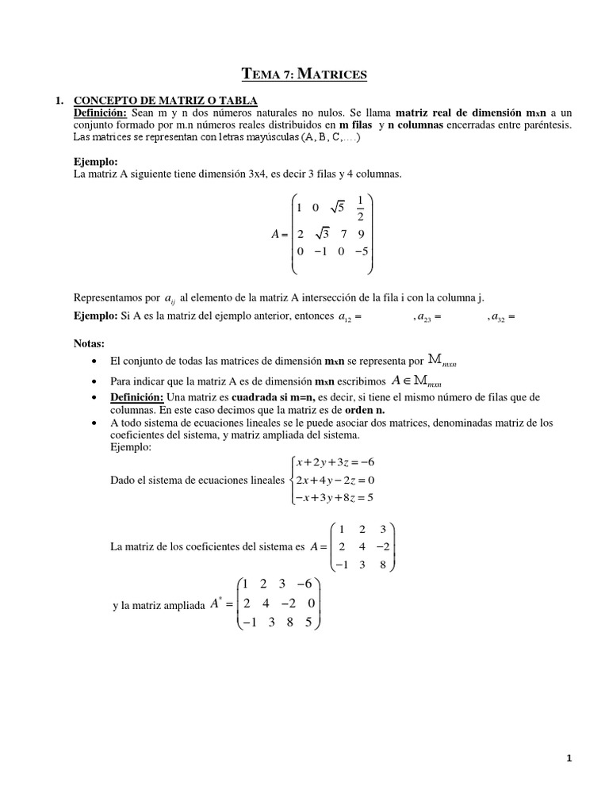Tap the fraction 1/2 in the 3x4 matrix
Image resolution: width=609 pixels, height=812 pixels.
pyautogui.click(x=362, y=208)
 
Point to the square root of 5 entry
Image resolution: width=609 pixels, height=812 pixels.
pyautogui.click(x=338, y=209)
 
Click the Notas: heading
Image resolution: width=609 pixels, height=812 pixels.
pyautogui.click(x=89, y=344)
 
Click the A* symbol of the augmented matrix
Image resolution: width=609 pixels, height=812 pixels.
pyautogui.click(x=215, y=604)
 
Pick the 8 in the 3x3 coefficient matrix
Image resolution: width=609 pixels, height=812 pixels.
pyautogui.click(x=383, y=565)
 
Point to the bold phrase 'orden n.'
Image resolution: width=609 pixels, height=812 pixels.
pyautogui.click(x=364, y=411)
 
